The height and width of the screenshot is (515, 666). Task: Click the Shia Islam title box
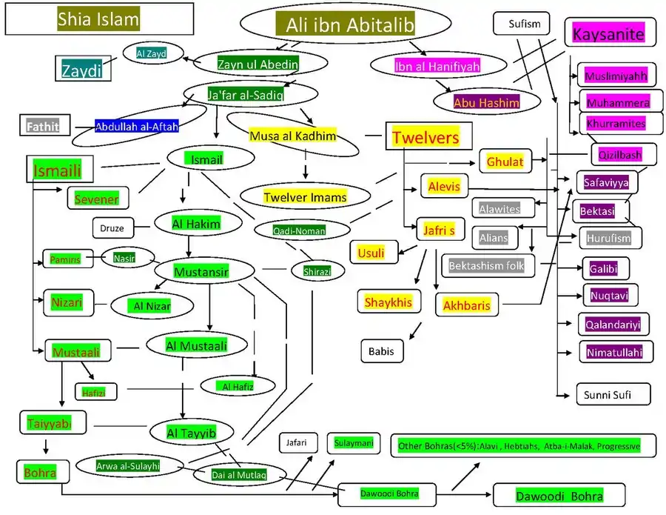[x=98, y=20]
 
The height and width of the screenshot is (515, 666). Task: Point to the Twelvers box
[x=426, y=137]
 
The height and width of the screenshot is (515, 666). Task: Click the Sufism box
[x=524, y=23]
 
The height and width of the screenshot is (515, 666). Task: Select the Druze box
[x=112, y=227]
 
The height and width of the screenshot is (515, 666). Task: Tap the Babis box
[x=382, y=351]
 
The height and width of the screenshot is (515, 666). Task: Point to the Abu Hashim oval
[x=487, y=102]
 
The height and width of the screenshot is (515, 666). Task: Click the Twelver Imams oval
[x=305, y=197]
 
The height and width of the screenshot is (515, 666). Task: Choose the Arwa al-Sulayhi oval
[x=128, y=465]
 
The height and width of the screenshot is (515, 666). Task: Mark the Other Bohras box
[x=518, y=446]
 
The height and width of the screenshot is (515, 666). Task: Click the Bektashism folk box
[x=486, y=265]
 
